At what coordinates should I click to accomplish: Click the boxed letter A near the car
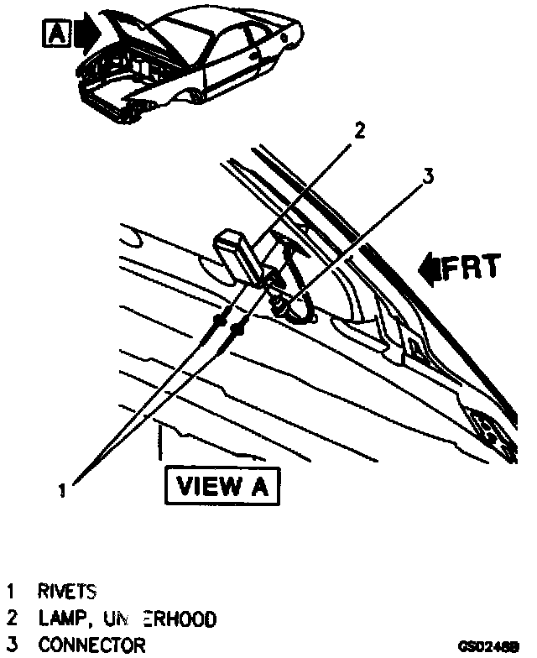click(x=55, y=34)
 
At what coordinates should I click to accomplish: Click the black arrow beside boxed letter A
click(x=86, y=34)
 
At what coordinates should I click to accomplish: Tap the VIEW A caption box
click(x=224, y=486)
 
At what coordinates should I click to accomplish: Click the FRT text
click(x=471, y=268)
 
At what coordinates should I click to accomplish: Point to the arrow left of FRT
click(x=430, y=269)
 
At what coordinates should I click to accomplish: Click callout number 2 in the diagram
click(x=359, y=130)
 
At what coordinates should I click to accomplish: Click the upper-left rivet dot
click(x=222, y=320)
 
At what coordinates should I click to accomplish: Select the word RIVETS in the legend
click(x=67, y=592)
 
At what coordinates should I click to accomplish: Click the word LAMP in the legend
click(x=64, y=619)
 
